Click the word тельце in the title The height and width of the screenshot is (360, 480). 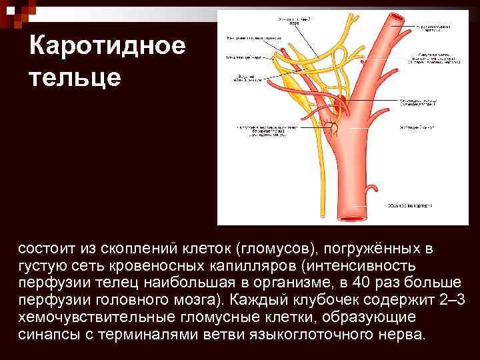tap(75, 77)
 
